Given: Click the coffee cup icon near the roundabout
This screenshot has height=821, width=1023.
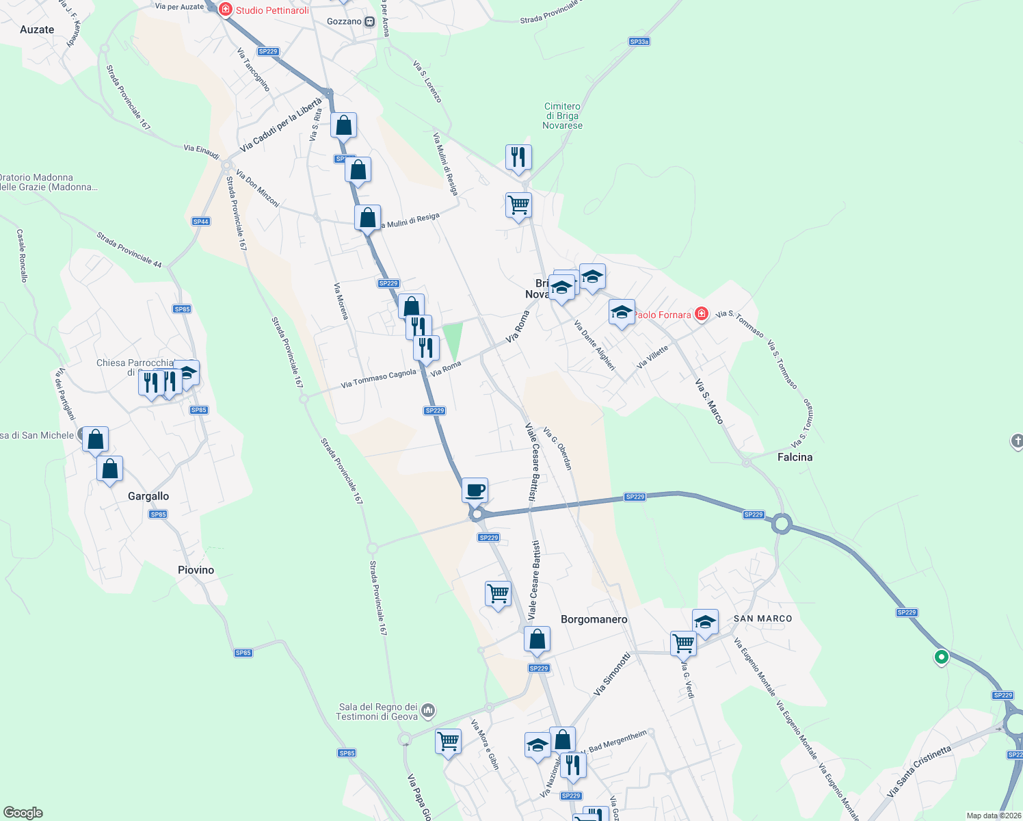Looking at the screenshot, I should coord(475,490).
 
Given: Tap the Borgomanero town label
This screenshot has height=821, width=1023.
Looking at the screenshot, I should coord(594,619).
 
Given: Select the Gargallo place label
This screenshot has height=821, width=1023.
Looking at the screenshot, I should coord(148,496).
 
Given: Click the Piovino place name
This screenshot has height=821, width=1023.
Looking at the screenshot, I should coord(196,570).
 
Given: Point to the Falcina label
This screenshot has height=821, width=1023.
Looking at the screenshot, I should coord(795,457).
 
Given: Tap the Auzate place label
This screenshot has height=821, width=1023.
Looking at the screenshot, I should coord(37,29).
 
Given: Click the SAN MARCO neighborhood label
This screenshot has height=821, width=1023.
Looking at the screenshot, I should coord(762,618).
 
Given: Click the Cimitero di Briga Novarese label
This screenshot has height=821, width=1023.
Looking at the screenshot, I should coord(563,116).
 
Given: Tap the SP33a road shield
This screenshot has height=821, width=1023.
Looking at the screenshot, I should coord(639,42).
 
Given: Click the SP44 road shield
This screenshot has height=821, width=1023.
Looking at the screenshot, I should coord(200,222).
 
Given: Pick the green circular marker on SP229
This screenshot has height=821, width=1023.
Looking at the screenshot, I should coord(942,657).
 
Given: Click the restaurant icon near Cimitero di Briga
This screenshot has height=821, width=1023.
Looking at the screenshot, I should coord(518,157).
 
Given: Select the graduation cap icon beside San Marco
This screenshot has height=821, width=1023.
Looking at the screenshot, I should coord(705,621).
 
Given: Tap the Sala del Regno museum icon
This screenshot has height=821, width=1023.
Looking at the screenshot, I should coord(428,711).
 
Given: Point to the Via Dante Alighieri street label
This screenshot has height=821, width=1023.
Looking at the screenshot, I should coord(594,345).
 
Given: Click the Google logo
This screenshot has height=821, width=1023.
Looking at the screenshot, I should coord(23,813).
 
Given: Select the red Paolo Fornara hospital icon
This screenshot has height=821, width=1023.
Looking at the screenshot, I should coord(701,314).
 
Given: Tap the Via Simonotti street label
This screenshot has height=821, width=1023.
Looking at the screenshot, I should coord(612,675).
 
